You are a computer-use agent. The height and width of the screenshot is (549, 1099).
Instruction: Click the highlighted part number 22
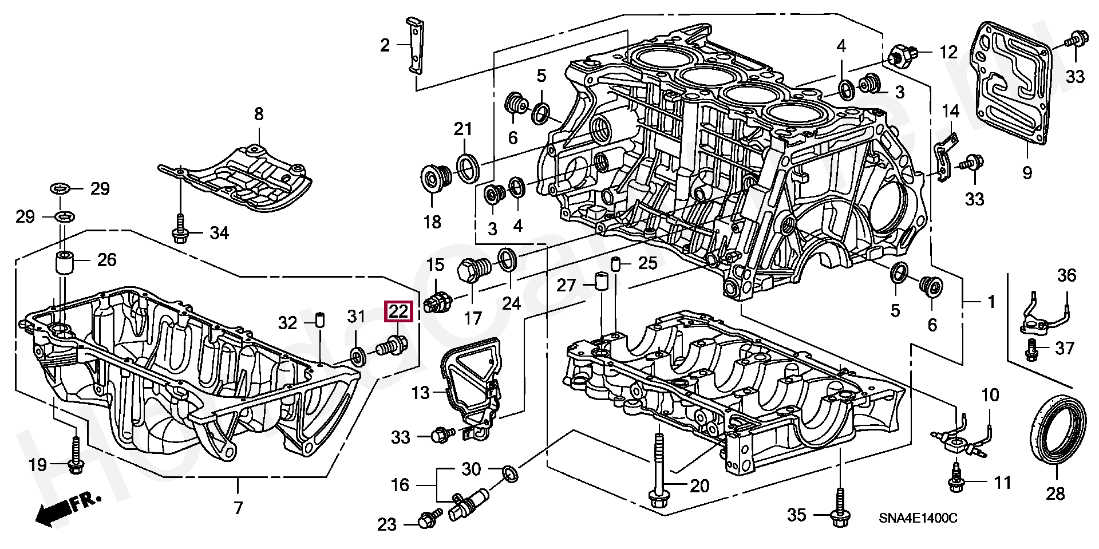coord(398,312)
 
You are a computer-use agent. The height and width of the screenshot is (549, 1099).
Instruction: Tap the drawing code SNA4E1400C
coord(918,519)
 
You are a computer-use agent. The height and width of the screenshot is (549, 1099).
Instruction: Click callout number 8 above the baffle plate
coord(259,114)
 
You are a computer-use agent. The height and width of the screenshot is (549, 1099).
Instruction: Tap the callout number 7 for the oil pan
coord(238,507)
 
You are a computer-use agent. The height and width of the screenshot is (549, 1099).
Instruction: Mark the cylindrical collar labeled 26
coord(65,263)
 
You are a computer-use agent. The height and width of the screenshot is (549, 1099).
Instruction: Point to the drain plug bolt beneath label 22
coord(392,345)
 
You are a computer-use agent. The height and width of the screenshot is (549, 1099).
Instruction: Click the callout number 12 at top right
coord(948,52)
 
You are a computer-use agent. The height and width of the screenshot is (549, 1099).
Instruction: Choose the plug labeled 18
coord(436,177)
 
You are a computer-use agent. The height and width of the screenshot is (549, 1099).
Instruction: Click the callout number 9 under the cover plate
coord(1027,172)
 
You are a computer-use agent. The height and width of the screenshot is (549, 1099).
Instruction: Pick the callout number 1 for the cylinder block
coord(991,302)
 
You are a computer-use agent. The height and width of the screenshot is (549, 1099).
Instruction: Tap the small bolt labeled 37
coord(1031,349)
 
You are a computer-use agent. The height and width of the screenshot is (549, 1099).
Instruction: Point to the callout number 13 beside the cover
coord(420,393)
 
